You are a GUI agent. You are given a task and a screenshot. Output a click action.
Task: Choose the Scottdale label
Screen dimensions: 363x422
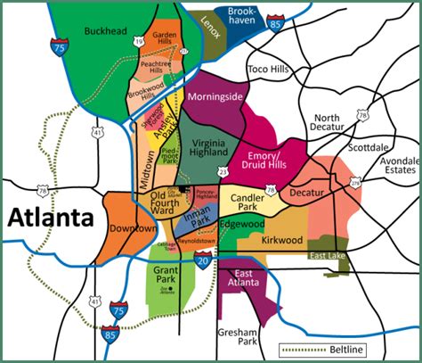point(368,147)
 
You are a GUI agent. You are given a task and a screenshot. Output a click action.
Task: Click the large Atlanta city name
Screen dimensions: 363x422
point(51,217)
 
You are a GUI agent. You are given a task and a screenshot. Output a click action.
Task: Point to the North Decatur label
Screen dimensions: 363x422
point(327,124)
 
